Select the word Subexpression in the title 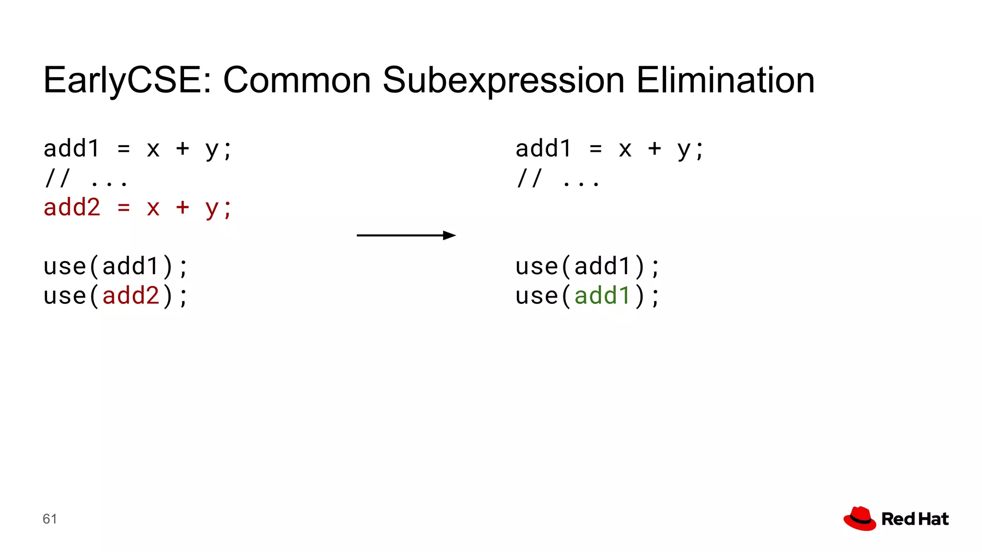pyautogui.click(x=503, y=80)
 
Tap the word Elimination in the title pyautogui.click(x=725, y=80)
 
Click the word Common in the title pyautogui.click(x=297, y=80)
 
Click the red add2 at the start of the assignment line pyautogui.click(x=72, y=208)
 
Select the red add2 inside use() pyautogui.click(x=130, y=296)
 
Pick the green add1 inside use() pyautogui.click(x=602, y=296)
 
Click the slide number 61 pyautogui.click(x=50, y=519)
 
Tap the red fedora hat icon pyautogui.click(x=860, y=518)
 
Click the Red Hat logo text pyautogui.click(x=915, y=519)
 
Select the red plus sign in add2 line pyautogui.click(x=182, y=208)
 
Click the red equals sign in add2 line pyautogui.click(x=124, y=208)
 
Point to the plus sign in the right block pyautogui.click(x=654, y=149)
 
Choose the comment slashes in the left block pyautogui.click(x=57, y=179)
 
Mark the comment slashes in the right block pyautogui.click(x=529, y=179)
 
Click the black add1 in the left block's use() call pyautogui.click(x=130, y=266)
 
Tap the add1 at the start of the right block pyautogui.click(x=543, y=149)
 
